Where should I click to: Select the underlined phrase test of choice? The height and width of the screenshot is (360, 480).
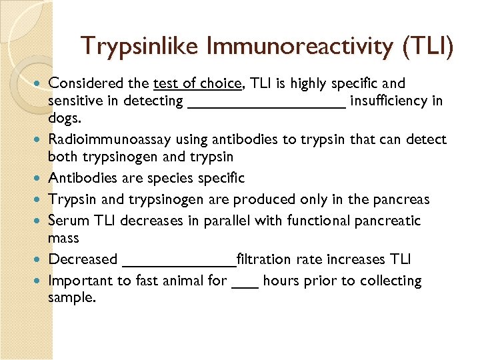[197, 83]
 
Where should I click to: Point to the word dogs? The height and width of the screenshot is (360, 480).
[63, 118]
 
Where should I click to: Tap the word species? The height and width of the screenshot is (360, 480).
[172, 178]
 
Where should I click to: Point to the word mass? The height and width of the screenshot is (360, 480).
[63, 238]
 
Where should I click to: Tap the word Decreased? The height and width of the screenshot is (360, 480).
[83, 259]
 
